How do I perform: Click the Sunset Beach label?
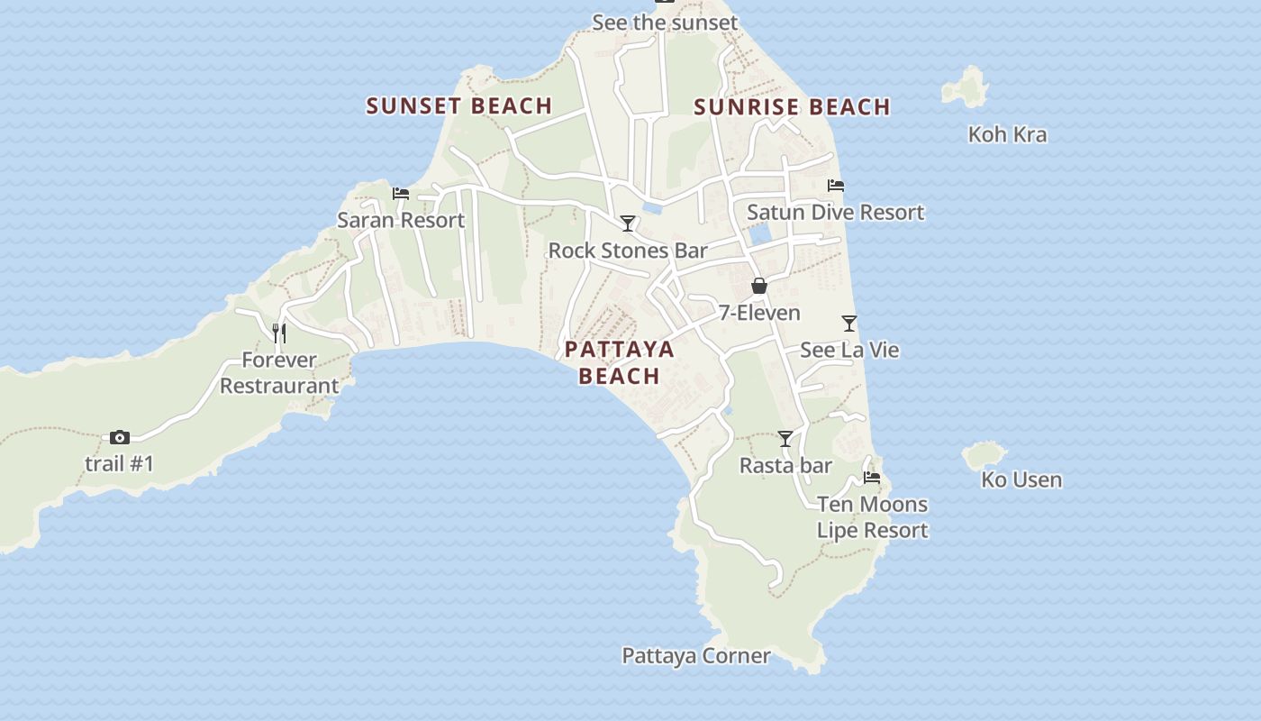(458, 105)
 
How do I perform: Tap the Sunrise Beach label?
(792, 107)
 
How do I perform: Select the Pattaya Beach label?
(619, 362)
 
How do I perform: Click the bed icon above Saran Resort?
(401, 194)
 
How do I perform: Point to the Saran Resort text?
(401, 220)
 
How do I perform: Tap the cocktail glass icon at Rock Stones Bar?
(628, 224)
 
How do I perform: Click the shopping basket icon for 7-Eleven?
(759, 286)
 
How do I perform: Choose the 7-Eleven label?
(759, 313)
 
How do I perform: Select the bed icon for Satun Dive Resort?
(836, 186)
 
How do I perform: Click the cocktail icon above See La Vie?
(848, 323)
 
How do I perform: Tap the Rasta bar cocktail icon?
(785, 439)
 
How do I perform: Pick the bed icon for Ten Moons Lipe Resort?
(872, 478)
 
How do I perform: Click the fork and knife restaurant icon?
(279, 333)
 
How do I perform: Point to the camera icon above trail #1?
(120, 438)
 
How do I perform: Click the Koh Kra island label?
(1007, 134)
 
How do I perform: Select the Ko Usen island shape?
(984, 455)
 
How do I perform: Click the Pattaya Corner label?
(696, 655)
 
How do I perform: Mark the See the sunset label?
(665, 23)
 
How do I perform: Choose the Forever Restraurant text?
(279, 373)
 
